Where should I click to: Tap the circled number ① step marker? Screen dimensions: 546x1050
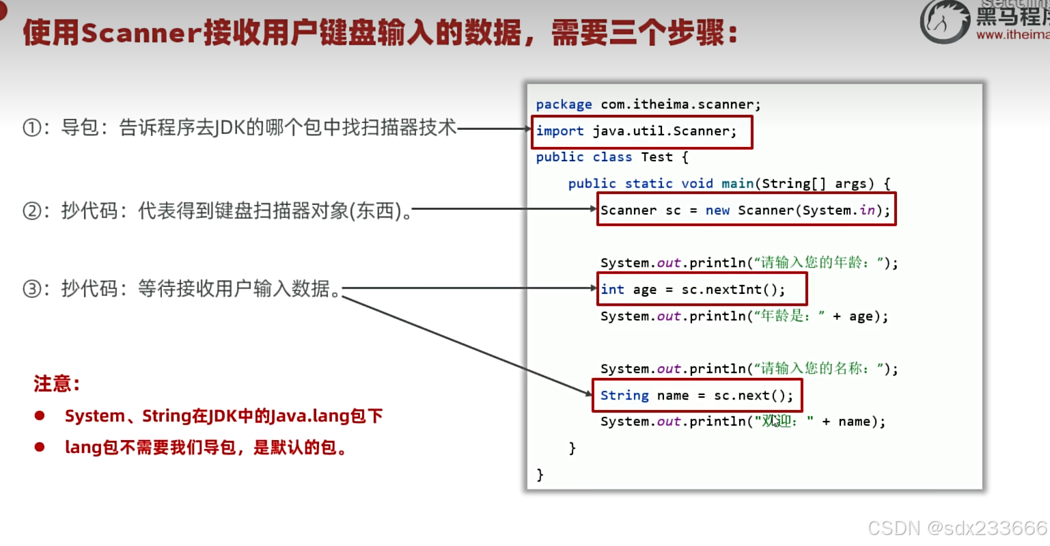(31, 128)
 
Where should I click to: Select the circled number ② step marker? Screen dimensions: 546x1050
(31, 210)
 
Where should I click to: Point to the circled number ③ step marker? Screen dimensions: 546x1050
(31, 289)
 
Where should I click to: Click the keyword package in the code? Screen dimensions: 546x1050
(564, 105)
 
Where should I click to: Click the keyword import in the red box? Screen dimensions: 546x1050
(559, 131)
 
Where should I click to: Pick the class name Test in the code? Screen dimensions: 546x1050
(657, 157)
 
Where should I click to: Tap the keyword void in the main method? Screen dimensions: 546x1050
(697, 184)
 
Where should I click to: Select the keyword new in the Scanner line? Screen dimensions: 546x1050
(717, 210)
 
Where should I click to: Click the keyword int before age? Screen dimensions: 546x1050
(612, 290)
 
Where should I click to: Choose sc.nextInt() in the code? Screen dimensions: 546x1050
(733, 290)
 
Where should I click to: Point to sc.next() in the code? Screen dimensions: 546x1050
(754, 396)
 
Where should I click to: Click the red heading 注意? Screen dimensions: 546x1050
(57, 384)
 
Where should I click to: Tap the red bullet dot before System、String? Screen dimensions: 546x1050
(40, 415)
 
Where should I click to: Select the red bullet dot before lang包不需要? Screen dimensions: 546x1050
(40, 447)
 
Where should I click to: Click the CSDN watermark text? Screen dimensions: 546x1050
(894, 528)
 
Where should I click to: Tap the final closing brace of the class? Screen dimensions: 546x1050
(540, 474)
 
